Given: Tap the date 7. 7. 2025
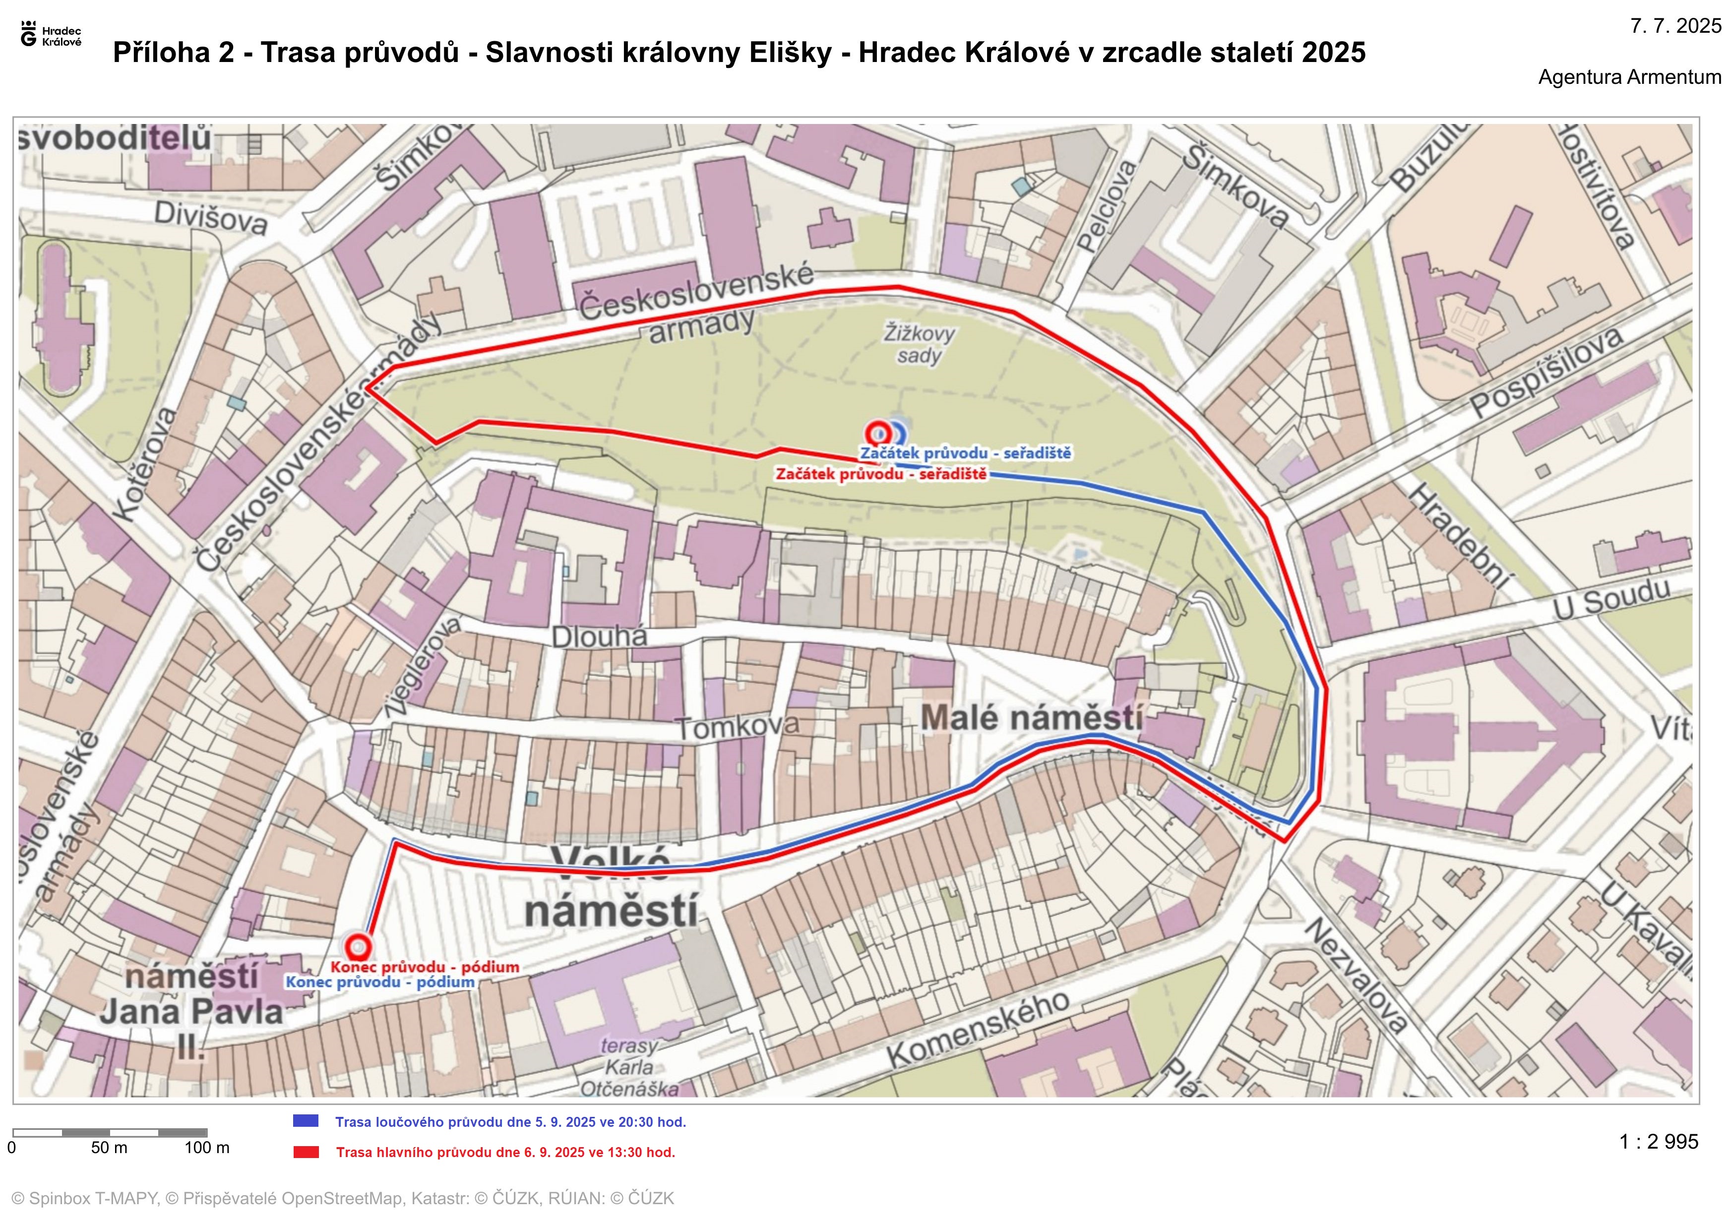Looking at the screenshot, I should (1675, 26).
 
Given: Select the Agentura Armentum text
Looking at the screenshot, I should (1629, 77).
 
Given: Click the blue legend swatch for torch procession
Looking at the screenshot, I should (306, 1121).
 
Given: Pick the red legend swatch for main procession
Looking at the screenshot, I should (306, 1152).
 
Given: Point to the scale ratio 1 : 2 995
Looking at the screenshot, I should (1658, 1142).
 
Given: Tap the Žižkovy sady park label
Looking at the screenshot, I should (919, 344).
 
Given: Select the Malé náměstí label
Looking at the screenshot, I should (1031, 717).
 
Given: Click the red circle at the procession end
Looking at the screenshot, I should (359, 946).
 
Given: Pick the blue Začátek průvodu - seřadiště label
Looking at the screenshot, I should (965, 453).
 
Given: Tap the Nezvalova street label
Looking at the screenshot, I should (1356, 975).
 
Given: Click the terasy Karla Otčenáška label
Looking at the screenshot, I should (629, 1067).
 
